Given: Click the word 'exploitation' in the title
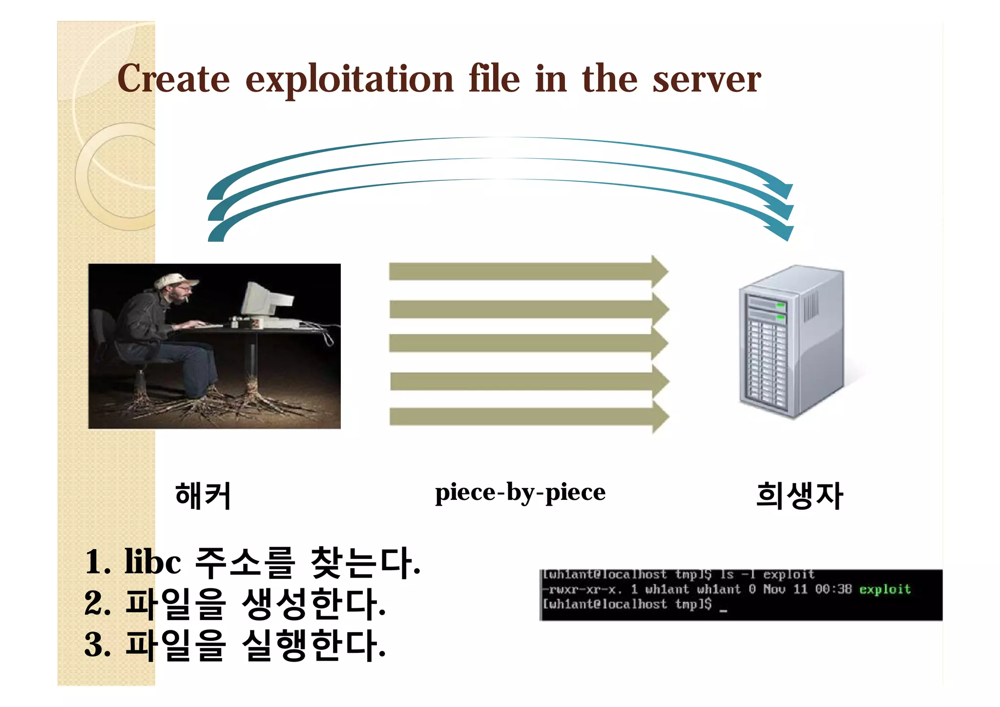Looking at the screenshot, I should (x=349, y=80).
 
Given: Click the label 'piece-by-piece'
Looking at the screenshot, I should (x=520, y=493).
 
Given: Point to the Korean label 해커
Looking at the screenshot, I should (x=203, y=495).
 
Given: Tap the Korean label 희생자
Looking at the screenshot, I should (x=799, y=495).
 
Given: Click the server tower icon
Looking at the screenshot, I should (x=791, y=342).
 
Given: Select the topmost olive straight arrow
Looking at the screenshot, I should (x=527, y=271).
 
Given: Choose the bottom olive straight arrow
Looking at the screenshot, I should (x=527, y=417).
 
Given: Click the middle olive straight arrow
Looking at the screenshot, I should (x=527, y=343).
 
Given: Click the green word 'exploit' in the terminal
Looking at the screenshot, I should (x=885, y=589).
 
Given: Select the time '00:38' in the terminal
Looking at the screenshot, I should (x=833, y=589).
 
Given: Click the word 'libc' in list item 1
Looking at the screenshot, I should (x=152, y=562).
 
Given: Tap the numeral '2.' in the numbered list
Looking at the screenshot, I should (x=98, y=604).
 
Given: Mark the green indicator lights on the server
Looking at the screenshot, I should (x=780, y=311).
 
